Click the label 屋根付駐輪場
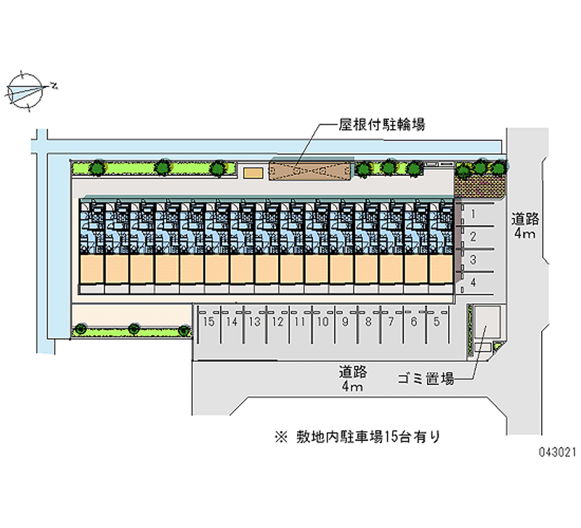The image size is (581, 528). (x=382, y=125)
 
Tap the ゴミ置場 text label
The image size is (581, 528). (x=426, y=378)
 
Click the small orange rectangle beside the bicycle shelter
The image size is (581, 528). (x=253, y=173)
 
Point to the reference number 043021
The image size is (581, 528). (x=557, y=452)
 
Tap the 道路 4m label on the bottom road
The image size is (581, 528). (x=353, y=379)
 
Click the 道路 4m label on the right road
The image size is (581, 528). (x=525, y=226)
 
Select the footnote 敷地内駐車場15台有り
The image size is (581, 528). (x=357, y=436)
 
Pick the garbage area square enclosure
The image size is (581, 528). (x=487, y=321)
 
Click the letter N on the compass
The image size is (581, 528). (x=54, y=86)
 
